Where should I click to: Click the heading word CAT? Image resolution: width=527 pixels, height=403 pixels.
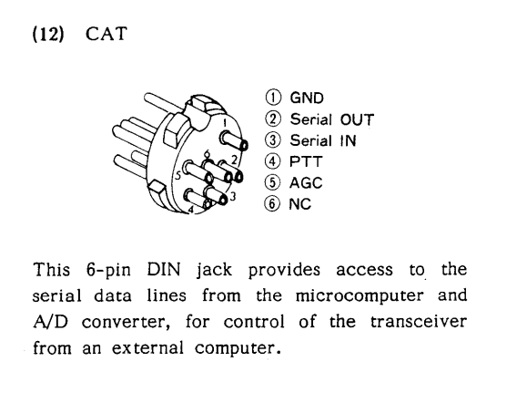pyautogui.click(x=106, y=35)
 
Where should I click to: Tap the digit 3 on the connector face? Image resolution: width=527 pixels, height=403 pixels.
pyautogui.click(x=234, y=195)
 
